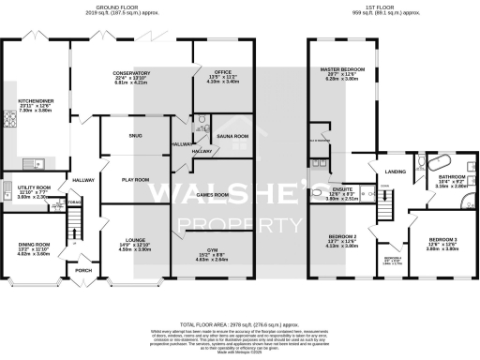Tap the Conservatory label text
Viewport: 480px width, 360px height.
pyautogui.click(x=131, y=73)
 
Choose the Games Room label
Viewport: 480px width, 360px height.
pyautogui.click(x=215, y=194)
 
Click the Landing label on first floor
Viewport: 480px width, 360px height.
pyautogui.click(x=395, y=171)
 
